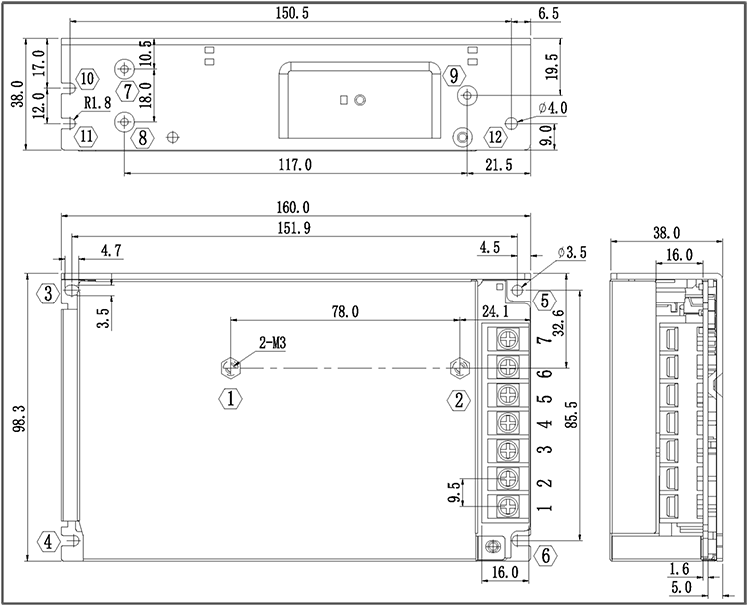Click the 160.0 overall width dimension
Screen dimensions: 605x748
tap(293, 208)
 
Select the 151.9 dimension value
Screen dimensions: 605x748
tap(292, 229)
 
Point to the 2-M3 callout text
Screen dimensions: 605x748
tap(274, 344)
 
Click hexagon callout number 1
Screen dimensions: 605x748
tap(230, 400)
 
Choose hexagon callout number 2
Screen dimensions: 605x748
tap(459, 400)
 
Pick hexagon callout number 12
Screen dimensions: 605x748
tap(496, 137)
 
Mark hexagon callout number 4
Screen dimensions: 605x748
tap(47, 542)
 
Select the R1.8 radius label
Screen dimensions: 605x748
tap(96, 102)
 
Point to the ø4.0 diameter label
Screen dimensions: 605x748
tap(552, 108)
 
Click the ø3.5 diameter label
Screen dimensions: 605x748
tap(572, 253)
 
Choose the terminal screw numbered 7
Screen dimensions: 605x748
tap(506, 341)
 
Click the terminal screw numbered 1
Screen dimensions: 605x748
tap(506, 505)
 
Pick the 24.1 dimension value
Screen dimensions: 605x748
tap(496, 312)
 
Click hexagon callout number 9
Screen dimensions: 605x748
tap(454, 76)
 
